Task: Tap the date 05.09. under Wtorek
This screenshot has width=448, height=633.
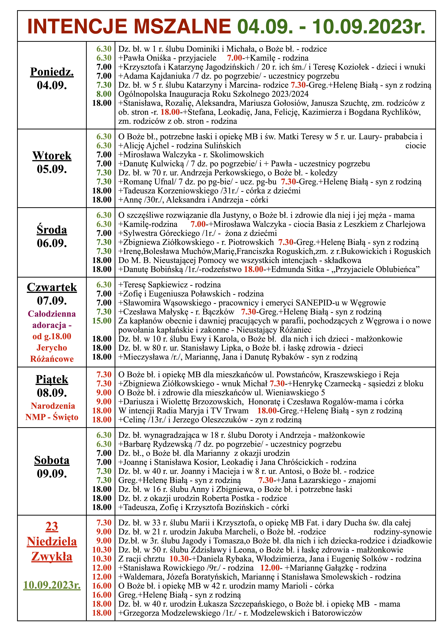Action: pyautogui.click(x=52, y=169)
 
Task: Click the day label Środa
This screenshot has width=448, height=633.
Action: pyautogui.click(x=52, y=230)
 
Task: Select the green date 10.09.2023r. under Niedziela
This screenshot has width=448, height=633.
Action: pyautogui.click(x=52, y=585)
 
